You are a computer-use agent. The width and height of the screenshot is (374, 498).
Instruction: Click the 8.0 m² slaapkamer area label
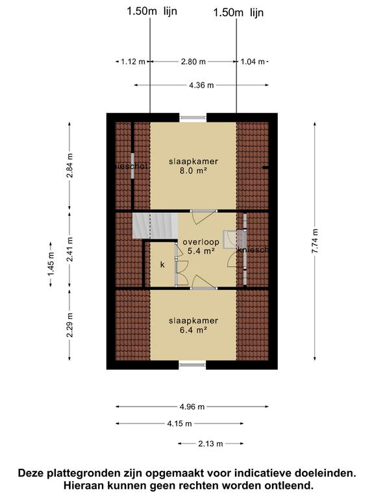pos(193,167)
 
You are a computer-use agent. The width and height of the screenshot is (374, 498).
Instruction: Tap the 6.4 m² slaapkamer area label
pos(193,326)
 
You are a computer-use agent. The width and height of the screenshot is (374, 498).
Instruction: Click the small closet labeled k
pos(162,265)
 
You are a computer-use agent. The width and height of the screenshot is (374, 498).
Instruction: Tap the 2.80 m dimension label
pos(193,62)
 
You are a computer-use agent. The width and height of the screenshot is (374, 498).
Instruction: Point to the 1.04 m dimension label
pos(253,62)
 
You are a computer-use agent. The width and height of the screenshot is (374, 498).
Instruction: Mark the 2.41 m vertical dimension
pos(70,251)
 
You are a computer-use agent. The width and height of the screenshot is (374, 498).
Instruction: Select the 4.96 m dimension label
pos(192,407)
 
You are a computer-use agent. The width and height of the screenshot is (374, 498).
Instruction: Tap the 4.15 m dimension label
pos(179,423)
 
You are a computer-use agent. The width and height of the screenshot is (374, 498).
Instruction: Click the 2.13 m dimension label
pos(210,444)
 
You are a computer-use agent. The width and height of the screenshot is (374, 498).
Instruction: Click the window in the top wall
pos(193,117)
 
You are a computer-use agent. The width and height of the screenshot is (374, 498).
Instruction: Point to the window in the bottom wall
pos(192,366)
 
